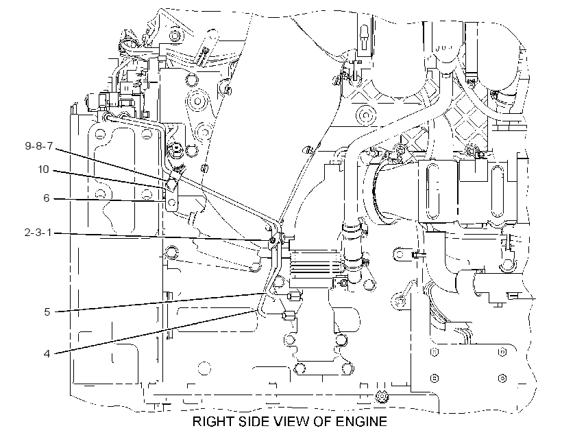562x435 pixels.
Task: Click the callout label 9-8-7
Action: tap(38, 145)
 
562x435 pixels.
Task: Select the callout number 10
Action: tap(43, 169)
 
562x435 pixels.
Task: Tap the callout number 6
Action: tap(46, 198)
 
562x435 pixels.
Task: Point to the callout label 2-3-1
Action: tap(38, 233)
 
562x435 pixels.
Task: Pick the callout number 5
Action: tap(47, 312)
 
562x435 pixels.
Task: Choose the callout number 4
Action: tap(47, 353)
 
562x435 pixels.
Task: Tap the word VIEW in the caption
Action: tap(291, 421)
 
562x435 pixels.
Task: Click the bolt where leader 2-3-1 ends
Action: tap(273, 240)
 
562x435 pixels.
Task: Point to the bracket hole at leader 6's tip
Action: tap(171, 202)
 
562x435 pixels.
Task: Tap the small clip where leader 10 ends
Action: tap(171, 185)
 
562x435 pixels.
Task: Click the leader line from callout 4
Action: tap(154, 333)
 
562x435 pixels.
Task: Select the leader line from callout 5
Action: tap(159, 303)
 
